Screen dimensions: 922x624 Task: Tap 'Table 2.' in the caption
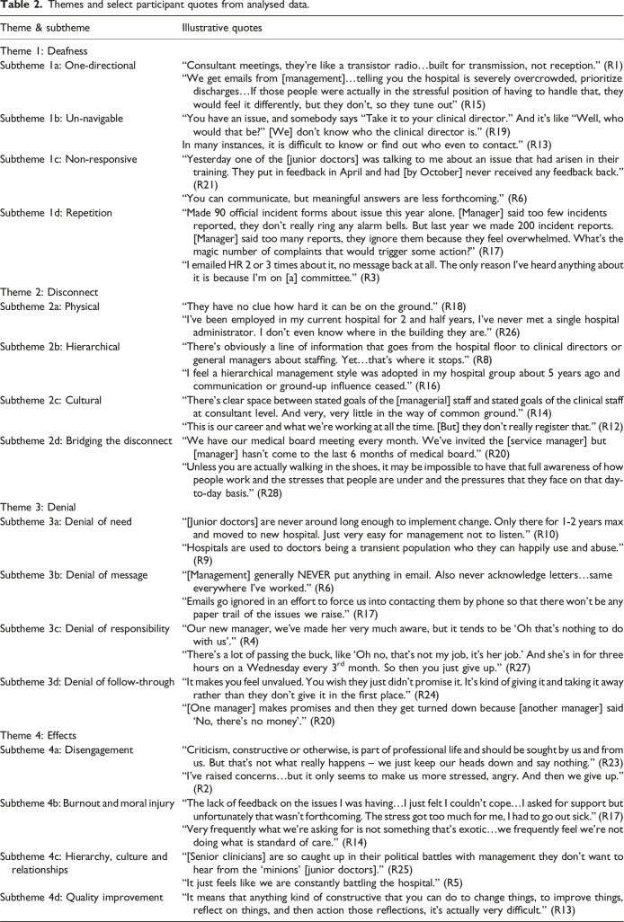pyautogui.click(x=21, y=7)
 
